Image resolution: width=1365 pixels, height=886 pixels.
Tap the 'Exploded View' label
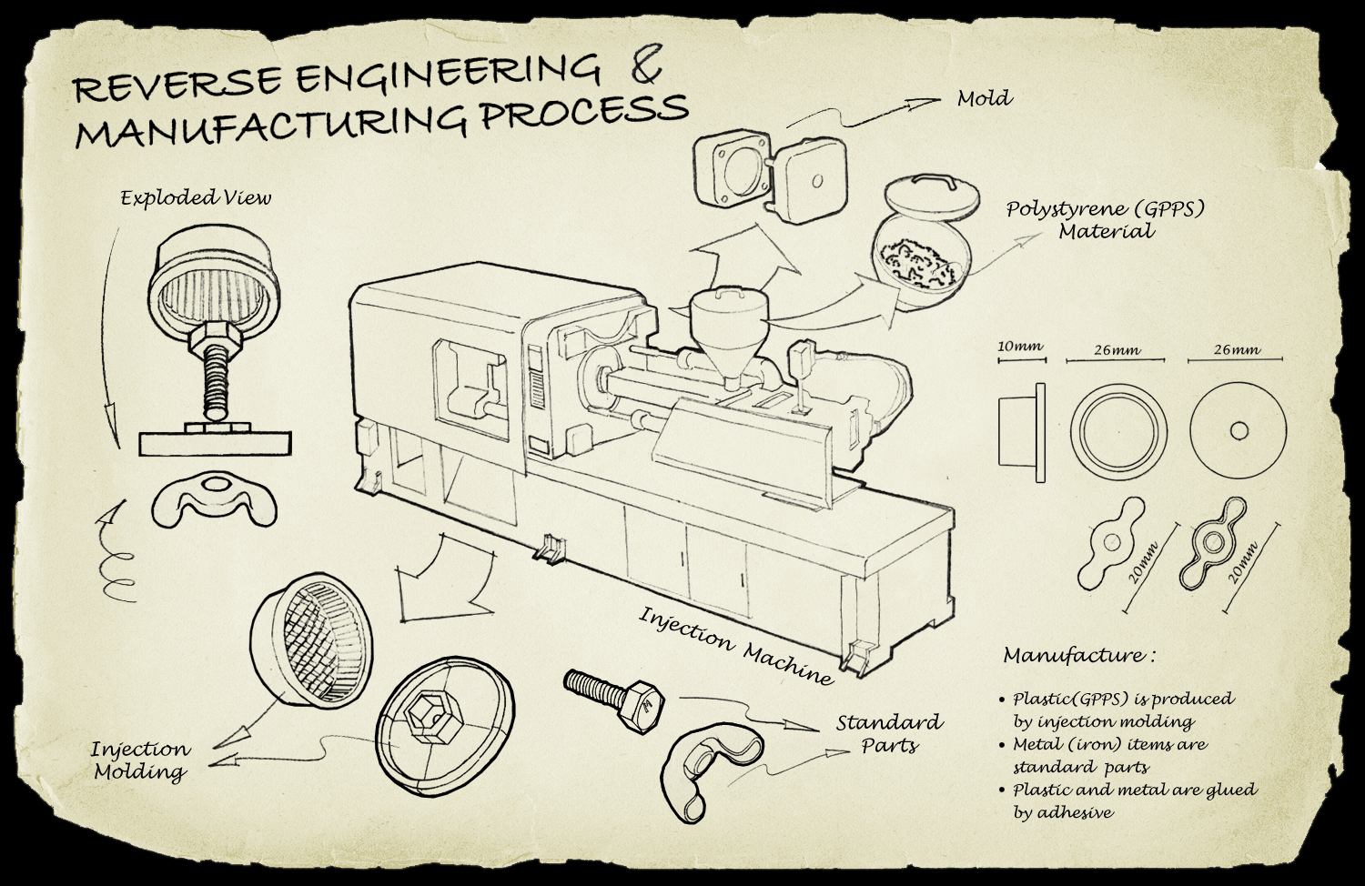pyautogui.click(x=196, y=197)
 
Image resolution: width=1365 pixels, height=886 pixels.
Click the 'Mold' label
pyautogui.click(x=984, y=98)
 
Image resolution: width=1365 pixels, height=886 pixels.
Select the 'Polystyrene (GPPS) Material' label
pyautogui.click(x=1105, y=220)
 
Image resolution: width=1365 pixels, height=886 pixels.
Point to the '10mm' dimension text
pyautogui.click(x=1020, y=347)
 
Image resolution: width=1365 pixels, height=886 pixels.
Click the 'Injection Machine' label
pyautogui.click(x=735, y=644)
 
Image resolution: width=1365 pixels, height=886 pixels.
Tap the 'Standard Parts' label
pyautogui.click(x=889, y=733)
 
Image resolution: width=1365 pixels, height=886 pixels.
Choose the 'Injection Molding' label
pyautogui.click(x=141, y=760)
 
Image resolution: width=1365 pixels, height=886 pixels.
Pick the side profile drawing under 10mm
pyautogui.click(x=1024, y=428)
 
